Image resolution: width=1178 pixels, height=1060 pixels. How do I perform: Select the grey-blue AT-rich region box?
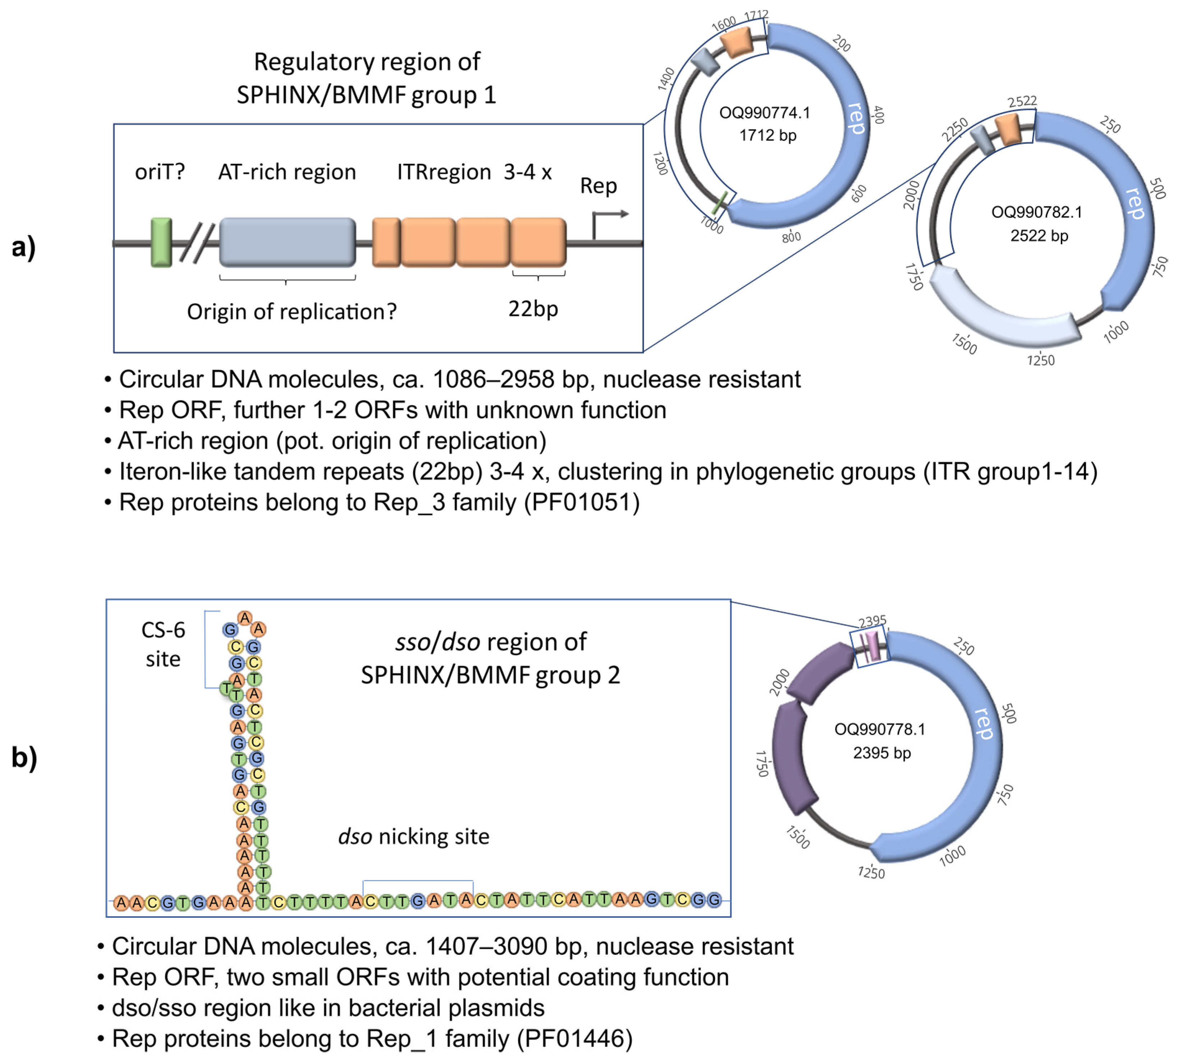coord(287,242)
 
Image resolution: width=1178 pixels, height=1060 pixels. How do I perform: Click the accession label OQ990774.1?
coord(764,113)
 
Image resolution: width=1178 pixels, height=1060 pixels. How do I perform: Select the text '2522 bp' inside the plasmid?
coord(1039,236)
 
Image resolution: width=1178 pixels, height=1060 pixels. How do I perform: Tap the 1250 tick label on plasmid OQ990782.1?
coord(1040,360)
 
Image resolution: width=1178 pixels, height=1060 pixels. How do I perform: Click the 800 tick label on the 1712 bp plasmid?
coord(791,236)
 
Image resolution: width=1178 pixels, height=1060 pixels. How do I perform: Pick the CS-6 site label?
coord(163,644)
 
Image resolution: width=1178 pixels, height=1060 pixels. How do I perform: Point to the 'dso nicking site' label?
coord(414,837)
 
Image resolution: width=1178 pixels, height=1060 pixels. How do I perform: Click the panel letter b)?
coord(24,757)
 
